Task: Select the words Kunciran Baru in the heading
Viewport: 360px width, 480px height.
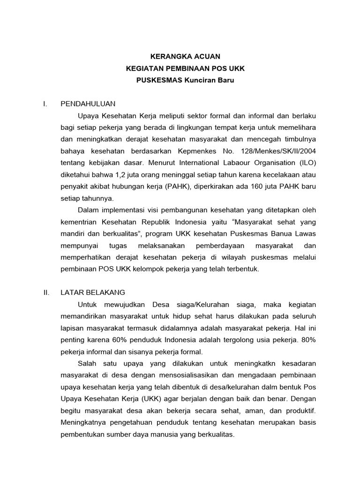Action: (x=211, y=80)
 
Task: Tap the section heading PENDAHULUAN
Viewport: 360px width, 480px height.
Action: (x=88, y=103)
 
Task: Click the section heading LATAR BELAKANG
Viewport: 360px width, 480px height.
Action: (x=93, y=292)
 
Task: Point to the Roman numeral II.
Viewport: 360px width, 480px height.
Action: (x=46, y=292)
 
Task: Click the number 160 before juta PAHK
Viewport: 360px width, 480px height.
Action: (x=251, y=186)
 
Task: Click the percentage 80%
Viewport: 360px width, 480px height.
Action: (x=308, y=340)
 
